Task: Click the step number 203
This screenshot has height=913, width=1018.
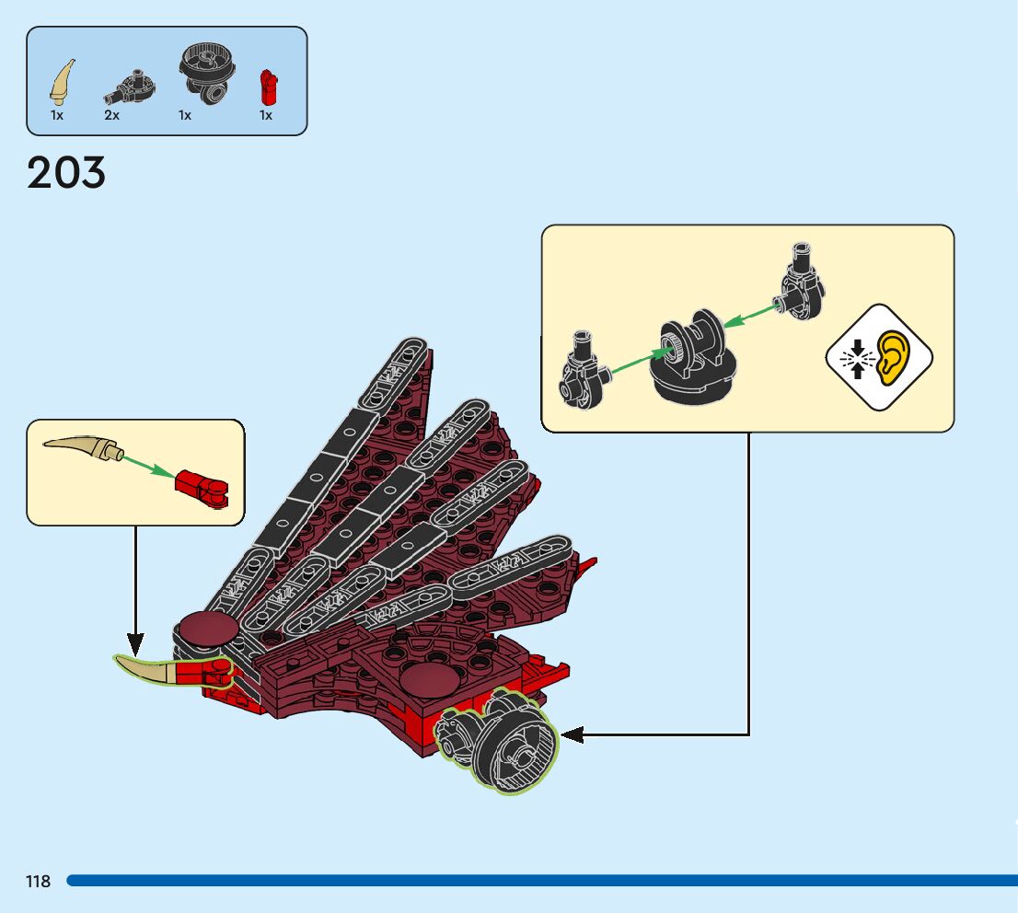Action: [x=66, y=173]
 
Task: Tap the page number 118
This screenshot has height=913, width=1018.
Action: [x=39, y=882]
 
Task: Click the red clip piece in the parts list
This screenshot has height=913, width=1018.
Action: [x=268, y=86]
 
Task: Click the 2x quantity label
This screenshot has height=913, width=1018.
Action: [x=111, y=116]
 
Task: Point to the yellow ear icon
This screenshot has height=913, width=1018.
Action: [x=891, y=356]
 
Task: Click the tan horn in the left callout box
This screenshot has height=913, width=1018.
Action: [x=83, y=448]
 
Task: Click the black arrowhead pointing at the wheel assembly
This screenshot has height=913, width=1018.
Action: [x=572, y=734]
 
